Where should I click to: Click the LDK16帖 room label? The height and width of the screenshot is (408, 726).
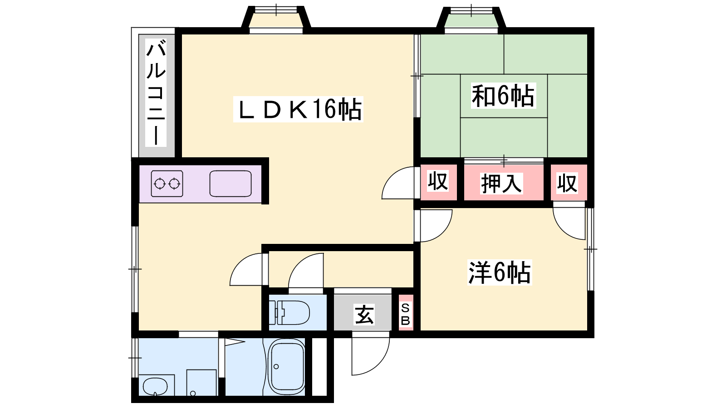pos(298,109)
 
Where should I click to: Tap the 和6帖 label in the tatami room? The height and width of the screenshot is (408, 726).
pos(503,96)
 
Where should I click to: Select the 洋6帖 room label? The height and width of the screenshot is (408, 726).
pos(500,272)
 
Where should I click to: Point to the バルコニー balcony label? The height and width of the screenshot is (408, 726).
pos(156,92)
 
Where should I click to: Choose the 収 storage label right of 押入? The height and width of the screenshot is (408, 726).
pos(567,183)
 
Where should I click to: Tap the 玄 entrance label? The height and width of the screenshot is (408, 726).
pos(364,315)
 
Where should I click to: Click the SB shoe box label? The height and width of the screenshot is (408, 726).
pos(406,313)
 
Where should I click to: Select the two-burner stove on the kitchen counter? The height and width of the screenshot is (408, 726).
pos(167,184)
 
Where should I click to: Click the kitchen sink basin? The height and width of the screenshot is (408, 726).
pos(231,184)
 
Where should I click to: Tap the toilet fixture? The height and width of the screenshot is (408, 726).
pos(289,312)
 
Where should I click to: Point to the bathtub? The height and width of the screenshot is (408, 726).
pos(287,367)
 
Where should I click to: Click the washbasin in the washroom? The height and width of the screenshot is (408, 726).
pos(156,386)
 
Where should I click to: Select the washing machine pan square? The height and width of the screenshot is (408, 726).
pos(201,383)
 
